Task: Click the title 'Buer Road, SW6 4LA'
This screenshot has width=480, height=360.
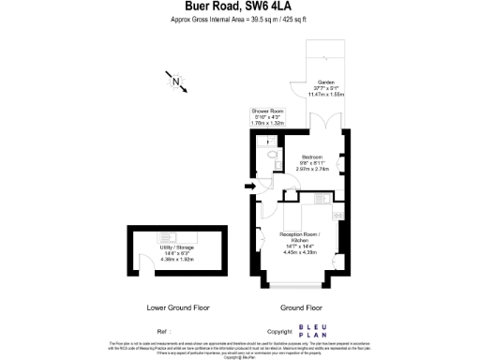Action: click(240, 8)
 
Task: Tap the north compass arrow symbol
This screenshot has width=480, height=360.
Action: click(176, 82)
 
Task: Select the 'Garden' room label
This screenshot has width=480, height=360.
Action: click(326, 82)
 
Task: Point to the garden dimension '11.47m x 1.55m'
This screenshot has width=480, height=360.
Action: click(327, 95)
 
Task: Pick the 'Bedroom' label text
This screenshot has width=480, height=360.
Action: click(312, 156)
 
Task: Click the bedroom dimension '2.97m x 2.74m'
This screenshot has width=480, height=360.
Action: click(312, 169)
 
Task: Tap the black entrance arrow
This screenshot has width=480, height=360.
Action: click(249, 187)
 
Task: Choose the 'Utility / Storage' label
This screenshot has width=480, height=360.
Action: click(175, 247)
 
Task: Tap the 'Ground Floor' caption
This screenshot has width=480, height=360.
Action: click(301, 307)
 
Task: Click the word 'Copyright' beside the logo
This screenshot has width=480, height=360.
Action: click(280, 332)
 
